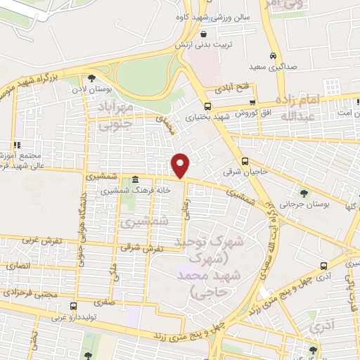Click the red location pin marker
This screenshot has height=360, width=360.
pos(181,165)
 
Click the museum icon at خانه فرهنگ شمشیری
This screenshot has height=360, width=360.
pos(135,180)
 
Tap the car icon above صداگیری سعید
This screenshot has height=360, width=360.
pos(272,57)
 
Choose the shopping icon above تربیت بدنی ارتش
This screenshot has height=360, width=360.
pos(203,34)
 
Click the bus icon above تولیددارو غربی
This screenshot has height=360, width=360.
pos(73,306)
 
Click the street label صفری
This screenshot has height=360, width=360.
pos(112,302)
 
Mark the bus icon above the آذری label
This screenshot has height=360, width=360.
pos(323,266)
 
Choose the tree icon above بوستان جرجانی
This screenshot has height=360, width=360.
pos(304,193)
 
